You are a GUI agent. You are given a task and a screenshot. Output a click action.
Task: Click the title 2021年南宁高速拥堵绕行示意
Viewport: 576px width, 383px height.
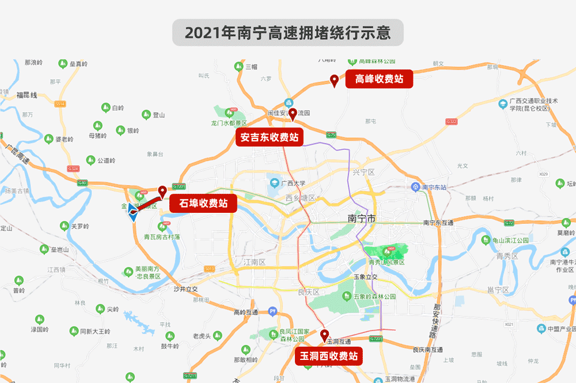(x=288, y=32)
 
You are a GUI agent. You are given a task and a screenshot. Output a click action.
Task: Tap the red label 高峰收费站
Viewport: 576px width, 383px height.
(x=379, y=79)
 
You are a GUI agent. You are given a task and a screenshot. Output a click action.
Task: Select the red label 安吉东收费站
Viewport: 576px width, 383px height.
(x=270, y=137)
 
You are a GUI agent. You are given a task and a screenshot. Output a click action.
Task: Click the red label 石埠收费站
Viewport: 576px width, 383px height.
(x=203, y=203)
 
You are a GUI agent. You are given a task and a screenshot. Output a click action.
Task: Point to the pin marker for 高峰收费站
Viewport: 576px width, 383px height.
(x=334, y=80)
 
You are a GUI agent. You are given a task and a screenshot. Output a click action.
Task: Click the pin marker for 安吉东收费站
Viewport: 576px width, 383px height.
(x=293, y=114)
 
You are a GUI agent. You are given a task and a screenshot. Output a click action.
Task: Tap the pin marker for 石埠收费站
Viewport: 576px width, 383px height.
(x=162, y=191)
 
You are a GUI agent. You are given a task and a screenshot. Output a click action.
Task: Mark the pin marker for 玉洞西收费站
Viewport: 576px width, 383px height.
(x=324, y=335)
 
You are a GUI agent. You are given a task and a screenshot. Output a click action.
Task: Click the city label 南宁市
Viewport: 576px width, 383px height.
(x=362, y=219)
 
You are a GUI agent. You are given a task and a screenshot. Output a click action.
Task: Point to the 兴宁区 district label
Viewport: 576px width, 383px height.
(x=363, y=172)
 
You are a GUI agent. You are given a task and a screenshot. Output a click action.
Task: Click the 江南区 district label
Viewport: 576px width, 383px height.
(x=253, y=262)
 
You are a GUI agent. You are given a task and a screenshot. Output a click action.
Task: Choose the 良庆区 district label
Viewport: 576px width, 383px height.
(x=308, y=292)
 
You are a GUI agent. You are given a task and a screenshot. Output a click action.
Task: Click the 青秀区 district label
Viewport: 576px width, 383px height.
(x=507, y=256)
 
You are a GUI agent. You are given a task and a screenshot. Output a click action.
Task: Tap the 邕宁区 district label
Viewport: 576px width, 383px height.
(x=498, y=289)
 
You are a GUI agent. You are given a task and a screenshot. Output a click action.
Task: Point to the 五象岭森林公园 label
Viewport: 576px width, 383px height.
(x=374, y=296)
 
